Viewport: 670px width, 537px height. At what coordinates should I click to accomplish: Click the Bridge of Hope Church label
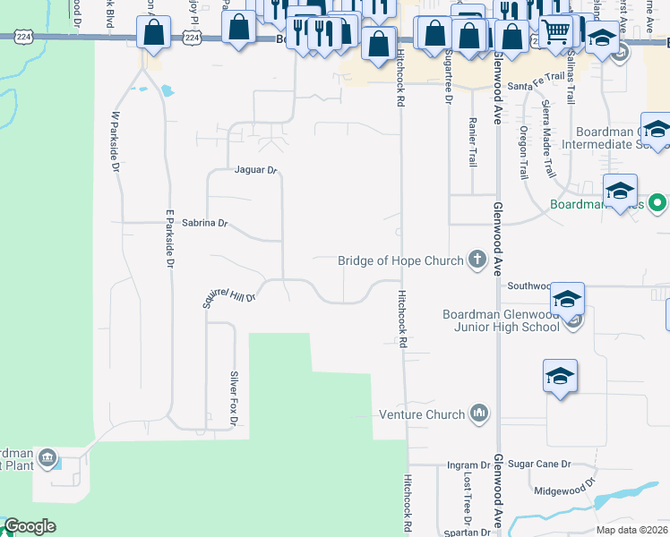click(x=400, y=260)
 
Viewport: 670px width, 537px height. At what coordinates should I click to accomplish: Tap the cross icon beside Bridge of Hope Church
click(x=477, y=260)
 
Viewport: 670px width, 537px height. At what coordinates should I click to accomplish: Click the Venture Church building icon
click(x=479, y=413)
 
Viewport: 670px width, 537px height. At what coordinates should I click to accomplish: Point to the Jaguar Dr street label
click(x=256, y=170)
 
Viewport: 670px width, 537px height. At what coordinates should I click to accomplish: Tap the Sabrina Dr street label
click(x=205, y=223)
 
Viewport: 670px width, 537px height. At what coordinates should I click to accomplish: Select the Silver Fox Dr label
click(x=234, y=397)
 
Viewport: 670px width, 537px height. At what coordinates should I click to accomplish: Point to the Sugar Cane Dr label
click(x=539, y=465)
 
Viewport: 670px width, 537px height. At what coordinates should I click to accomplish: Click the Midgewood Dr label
click(x=564, y=488)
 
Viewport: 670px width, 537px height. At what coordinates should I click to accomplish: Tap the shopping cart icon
click(x=556, y=32)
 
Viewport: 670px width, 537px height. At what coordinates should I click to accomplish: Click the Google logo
click(x=30, y=527)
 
